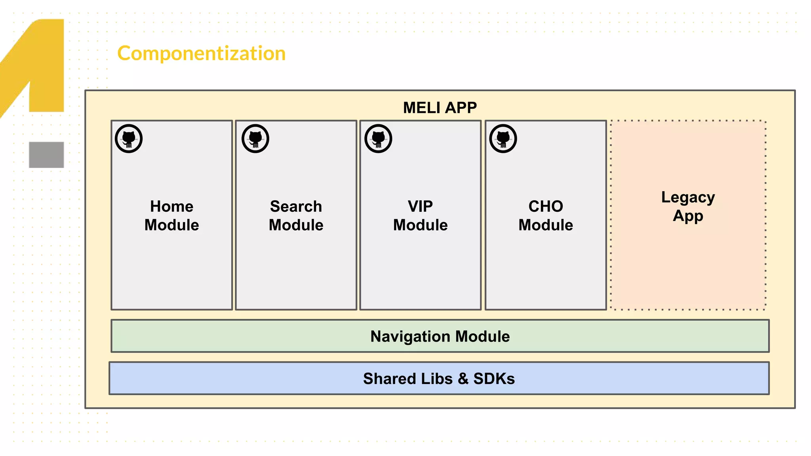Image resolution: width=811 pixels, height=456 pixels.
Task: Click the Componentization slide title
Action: point(201,53)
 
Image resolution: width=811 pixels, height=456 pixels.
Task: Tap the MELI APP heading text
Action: point(440,108)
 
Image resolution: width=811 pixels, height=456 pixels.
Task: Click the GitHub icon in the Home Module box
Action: point(129,139)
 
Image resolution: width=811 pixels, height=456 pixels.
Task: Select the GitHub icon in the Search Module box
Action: point(255,139)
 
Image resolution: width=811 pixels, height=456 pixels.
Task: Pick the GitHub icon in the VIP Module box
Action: point(378,139)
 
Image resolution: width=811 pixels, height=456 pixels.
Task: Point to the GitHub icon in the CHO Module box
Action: point(503,139)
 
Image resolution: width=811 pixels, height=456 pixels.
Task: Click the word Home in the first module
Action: point(171,207)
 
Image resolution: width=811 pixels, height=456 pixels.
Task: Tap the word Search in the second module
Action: point(296,207)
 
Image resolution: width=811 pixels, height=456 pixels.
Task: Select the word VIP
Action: point(420,207)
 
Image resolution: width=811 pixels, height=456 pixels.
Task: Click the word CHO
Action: point(545,207)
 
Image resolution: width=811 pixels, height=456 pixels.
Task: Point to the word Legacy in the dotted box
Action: point(688,198)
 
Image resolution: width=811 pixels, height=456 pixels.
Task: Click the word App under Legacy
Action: point(688,216)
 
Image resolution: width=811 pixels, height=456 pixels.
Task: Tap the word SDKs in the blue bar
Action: point(494,379)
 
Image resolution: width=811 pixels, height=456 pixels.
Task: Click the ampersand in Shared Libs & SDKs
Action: point(463,379)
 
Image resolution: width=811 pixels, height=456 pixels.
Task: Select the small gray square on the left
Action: point(46,155)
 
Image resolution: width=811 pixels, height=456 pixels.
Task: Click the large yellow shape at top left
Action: point(44,63)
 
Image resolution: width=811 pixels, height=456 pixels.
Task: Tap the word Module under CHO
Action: point(545,225)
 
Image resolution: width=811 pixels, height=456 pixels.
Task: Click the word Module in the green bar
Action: point(482,336)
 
